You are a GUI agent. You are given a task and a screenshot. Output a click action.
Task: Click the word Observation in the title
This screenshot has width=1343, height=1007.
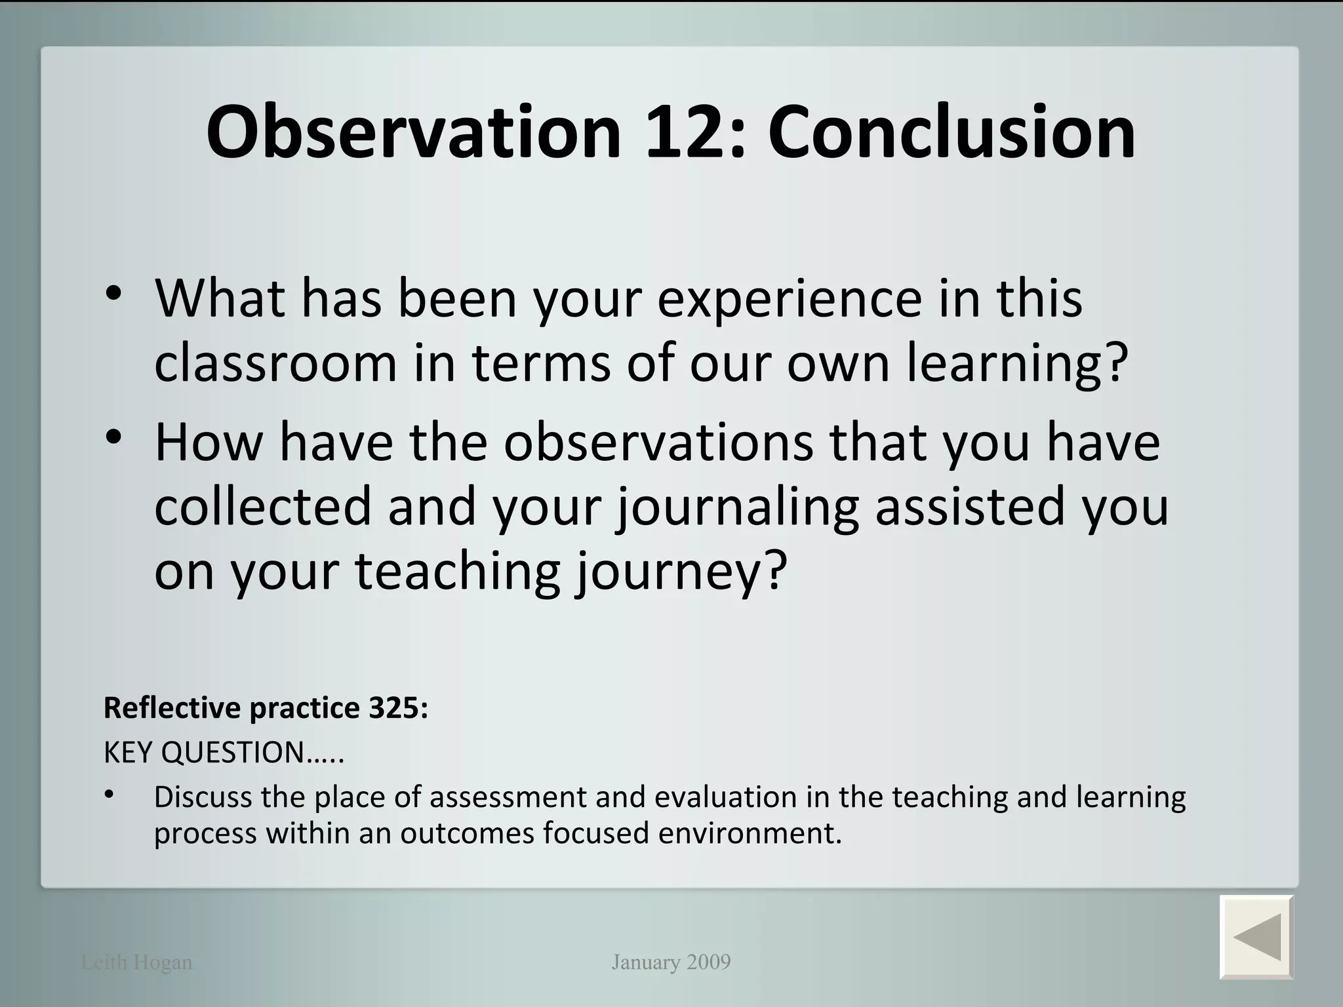click(413, 133)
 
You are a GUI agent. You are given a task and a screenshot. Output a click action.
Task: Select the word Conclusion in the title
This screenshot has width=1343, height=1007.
click(952, 133)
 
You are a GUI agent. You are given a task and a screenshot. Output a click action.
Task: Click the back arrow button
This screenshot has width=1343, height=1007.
click(1256, 937)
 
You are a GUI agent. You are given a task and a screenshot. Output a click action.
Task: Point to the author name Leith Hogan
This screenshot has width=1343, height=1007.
click(136, 962)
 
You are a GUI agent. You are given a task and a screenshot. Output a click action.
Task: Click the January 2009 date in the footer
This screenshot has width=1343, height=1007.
click(671, 962)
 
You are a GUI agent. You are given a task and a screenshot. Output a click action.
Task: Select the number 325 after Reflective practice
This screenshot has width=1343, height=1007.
click(397, 708)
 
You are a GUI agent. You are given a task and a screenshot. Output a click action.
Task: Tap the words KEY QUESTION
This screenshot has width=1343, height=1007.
click(203, 753)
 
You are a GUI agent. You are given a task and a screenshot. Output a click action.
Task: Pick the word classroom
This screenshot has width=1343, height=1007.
click(276, 364)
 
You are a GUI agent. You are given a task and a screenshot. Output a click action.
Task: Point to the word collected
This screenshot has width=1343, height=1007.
click(263, 506)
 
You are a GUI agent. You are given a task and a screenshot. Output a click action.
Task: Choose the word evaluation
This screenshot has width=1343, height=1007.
click(726, 797)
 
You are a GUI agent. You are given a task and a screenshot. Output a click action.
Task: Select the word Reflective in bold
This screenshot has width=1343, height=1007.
click(172, 708)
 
